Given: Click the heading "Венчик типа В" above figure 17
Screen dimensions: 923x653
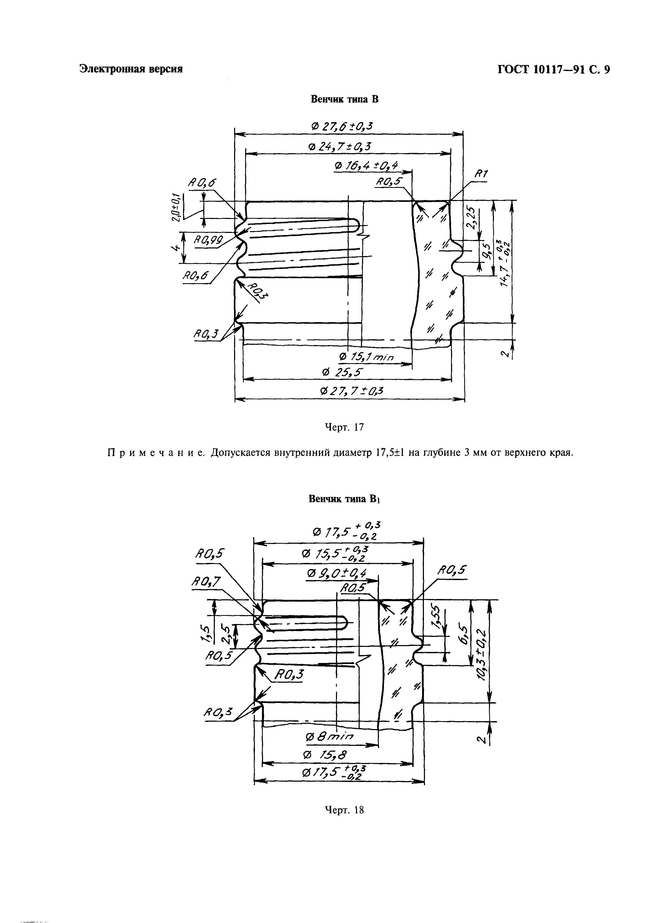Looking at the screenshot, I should point(345,99).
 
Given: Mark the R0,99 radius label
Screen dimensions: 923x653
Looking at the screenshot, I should point(208,240).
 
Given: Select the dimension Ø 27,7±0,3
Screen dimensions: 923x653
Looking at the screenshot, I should point(352,391).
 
